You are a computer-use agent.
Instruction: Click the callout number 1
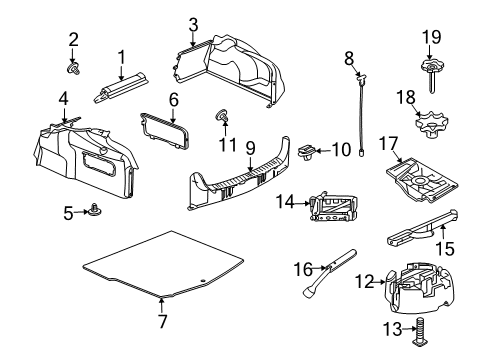point(121,57)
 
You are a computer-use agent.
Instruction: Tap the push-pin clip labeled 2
point(73,69)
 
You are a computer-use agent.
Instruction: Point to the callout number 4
point(63,100)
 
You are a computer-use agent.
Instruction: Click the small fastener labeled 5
point(97,211)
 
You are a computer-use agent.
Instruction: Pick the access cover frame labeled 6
point(164,130)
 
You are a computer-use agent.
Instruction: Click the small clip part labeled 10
point(309,151)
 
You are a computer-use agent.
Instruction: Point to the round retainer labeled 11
point(221,120)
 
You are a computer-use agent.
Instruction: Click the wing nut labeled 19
point(432,68)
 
